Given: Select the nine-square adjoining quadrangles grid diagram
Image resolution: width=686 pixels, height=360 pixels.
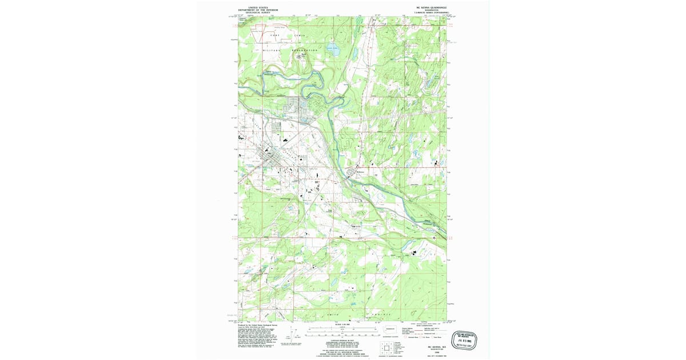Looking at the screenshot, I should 386,346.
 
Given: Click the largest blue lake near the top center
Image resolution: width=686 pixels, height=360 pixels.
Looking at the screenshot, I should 333,50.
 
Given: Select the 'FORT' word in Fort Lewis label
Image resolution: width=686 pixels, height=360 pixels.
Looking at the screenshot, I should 275,35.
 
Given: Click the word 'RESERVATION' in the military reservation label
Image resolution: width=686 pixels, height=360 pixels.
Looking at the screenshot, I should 305,50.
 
